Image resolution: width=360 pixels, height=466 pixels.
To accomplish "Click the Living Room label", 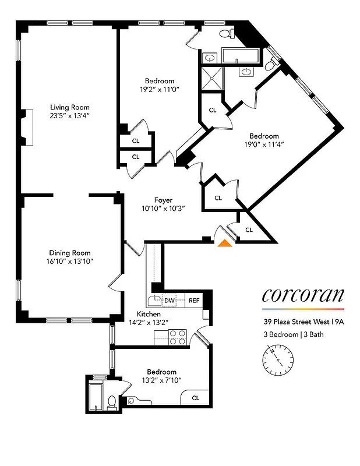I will [x=69, y=107].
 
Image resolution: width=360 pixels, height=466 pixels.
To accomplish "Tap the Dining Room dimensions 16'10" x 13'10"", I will [x=69, y=262].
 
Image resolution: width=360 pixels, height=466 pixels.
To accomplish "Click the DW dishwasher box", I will [x=170, y=301].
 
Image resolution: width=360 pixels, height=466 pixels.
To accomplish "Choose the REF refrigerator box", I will [x=193, y=301].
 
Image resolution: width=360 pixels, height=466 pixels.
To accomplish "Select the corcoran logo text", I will [x=302, y=295].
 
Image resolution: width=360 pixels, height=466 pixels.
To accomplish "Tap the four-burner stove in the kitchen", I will [x=177, y=337].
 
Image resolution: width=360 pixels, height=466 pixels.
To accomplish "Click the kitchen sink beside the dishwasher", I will [x=154, y=301].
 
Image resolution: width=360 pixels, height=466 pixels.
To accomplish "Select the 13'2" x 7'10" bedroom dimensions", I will [x=161, y=380].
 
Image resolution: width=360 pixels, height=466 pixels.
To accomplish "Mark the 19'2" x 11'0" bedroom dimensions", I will [x=159, y=90].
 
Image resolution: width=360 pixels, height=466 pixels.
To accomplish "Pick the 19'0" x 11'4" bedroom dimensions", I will [x=264, y=144].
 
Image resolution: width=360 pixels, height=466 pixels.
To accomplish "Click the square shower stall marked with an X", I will [x=211, y=77].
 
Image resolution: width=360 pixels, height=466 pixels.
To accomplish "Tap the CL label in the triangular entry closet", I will [x=249, y=230].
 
